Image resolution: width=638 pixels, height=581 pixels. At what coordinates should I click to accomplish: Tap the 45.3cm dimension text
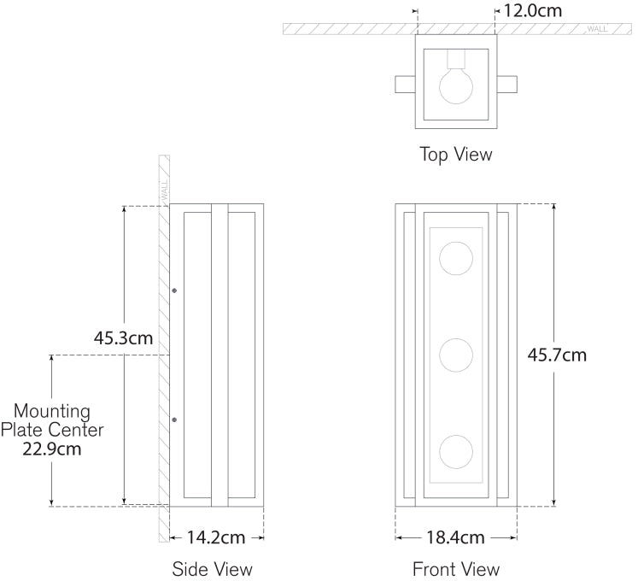[123, 337]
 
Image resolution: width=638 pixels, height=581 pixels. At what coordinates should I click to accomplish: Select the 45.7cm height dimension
[557, 355]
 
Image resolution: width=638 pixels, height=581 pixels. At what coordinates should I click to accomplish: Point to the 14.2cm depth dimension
[216, 537]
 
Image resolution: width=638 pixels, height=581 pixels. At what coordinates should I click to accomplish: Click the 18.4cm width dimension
[454, 537]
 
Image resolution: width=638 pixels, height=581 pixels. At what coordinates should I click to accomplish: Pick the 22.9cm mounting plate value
[52, 449]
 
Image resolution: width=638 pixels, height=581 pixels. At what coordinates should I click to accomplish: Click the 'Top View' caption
[455, 155]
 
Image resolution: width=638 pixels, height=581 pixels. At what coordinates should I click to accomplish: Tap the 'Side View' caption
[212, 568]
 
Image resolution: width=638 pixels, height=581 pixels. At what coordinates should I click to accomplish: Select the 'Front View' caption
[455, 568]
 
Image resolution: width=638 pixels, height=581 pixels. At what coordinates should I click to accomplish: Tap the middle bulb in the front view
[455, 354]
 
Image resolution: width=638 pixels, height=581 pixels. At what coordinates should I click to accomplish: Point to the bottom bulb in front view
[455, 450]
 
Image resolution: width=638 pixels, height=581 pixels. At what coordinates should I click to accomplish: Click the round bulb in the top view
[455, 85]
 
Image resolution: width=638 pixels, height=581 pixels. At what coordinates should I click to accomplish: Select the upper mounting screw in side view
[174, 291]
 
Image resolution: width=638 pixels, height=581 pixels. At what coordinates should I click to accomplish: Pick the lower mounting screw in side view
[174, 420]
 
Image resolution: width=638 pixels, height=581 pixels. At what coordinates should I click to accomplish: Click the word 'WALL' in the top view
[597, 29]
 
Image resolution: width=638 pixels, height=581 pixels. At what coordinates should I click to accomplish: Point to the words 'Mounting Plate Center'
[52, 420]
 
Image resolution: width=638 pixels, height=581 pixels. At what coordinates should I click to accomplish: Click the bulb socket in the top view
[455, 60]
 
